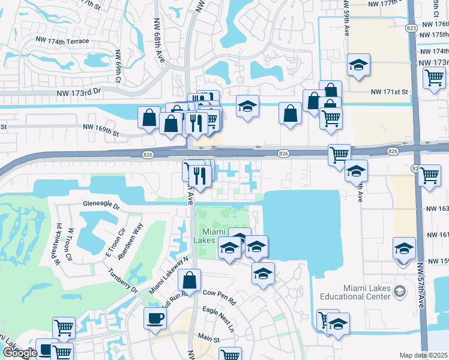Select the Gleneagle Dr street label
[x=101, y=205]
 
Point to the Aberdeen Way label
[x=130, y=241]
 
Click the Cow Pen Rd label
[x=219, y=293]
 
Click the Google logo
[x=19, y=353]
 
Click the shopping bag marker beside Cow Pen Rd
[x=189, y=280]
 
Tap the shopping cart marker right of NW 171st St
[x=433, y=77]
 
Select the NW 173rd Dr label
[x=80, y=93]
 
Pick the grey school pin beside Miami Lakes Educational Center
[x=399, y=292]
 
